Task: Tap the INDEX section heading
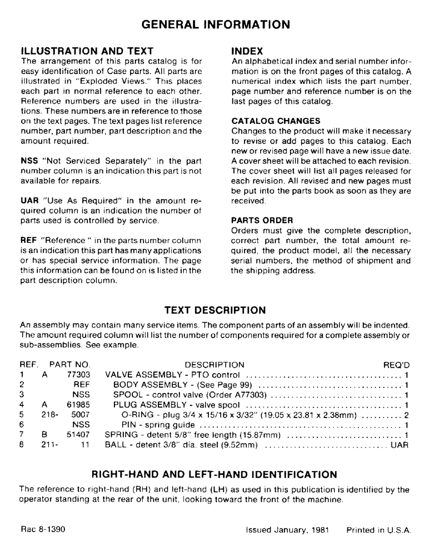(x=247, y=51)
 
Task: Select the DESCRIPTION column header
(x=214, y=365)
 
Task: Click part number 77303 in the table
(x=79, y=375)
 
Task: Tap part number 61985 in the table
(x=79, y=405)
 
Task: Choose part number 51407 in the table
(x=79, y=435)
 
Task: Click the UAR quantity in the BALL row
(x=400, y=445)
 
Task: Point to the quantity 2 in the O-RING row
(x=407, y=415)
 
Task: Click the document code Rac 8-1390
(x=42, y=530)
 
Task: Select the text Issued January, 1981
(x=287, y=530)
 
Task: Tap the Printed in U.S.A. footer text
(x=378, y=530)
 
